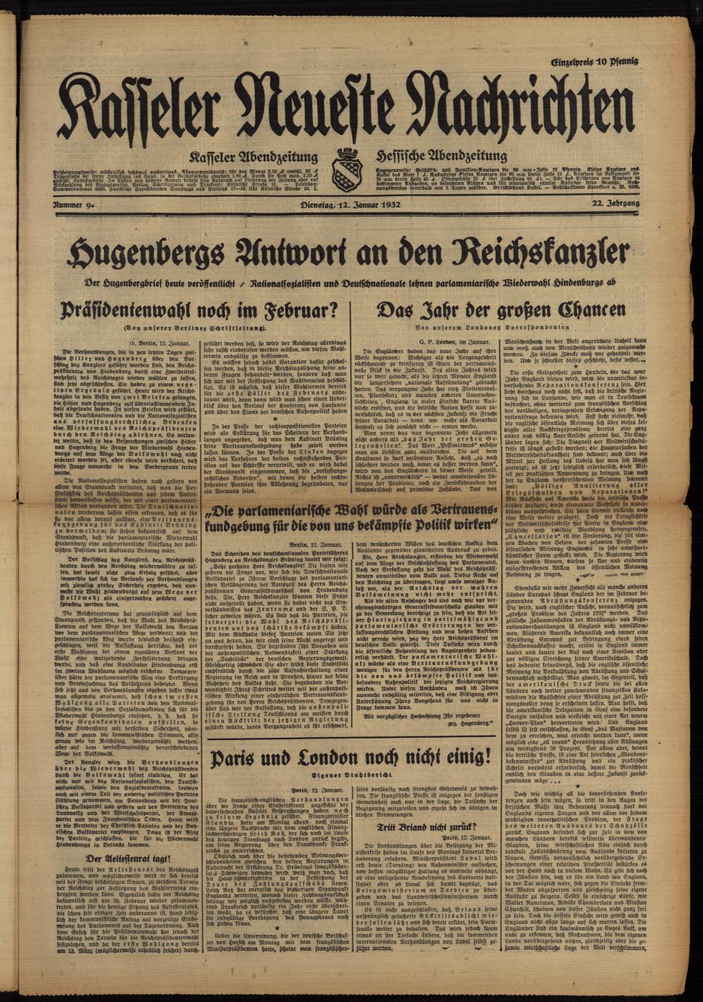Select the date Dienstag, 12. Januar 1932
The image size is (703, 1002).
point(351,204)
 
